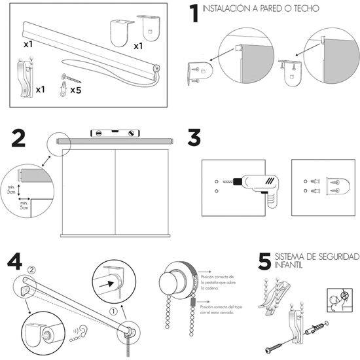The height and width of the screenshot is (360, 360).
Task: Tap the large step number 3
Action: pyautogui.click(x=194, y=139)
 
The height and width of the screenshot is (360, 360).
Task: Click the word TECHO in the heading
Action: pyautogui.click(x=304, y=9)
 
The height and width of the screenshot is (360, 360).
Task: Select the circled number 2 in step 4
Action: pyautogui.click(x=33, y=268)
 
